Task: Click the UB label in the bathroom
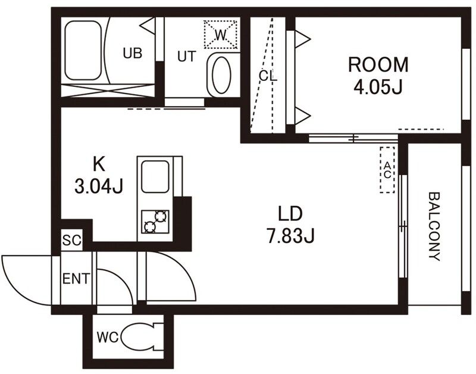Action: [x=133, y=53]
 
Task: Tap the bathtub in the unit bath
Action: [x=83, y=51]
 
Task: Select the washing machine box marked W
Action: [x=221, y=35]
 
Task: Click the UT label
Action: [x=187, y=57]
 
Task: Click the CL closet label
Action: [x=268, y=76]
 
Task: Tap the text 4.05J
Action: [x=378, y=87]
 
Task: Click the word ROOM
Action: [x=378, y=64]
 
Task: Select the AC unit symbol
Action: [x=387, y=170]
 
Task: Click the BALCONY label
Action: [x=434, y=226]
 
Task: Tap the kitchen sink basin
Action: [x=155, y=176]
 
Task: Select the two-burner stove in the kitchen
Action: [x=155, y=222]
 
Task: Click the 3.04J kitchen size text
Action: [x=99, y=186]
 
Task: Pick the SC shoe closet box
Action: [x=72, y=240]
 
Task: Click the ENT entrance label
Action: [x=76, y=279]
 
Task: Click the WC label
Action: [x=108, y=337]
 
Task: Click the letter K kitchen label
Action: [x=99, y=164]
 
